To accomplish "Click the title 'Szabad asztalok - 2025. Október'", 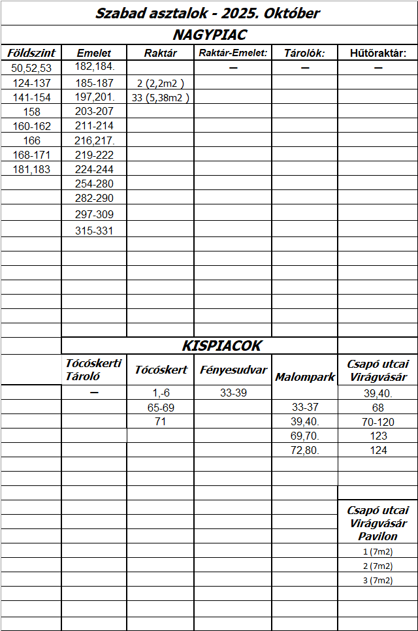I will click(208, 13).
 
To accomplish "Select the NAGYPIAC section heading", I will click(209, 35).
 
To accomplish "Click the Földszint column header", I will click(31, 53).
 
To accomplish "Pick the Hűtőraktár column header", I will click(378, 53).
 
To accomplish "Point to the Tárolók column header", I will click(304, 53).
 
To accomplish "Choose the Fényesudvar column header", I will click(233, 370).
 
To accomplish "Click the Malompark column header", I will click(305, 377).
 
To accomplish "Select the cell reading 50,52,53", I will click(31, 68).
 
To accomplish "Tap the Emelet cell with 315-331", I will click(95, 230).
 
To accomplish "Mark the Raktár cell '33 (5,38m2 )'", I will click(160, 97).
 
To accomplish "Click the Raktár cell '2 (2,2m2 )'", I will click(160, 83).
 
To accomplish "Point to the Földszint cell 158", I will click(31, 112).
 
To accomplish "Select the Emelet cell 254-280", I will click(95, 184).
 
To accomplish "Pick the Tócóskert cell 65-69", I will click(161, 408).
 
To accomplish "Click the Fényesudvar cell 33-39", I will click(233, 393).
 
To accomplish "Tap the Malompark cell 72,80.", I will click(305, 450).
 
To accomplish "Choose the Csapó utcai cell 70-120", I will click(378, 422).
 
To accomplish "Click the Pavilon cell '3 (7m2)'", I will click(378, 580).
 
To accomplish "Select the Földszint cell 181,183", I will click(31, 169).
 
